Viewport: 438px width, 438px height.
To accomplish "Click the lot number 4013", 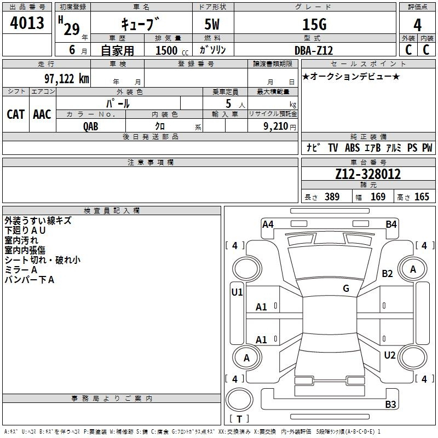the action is pos(27,22).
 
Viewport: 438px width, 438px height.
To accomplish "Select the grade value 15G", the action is pos(314,25).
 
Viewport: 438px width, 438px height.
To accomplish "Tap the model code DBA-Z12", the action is pos(314,50).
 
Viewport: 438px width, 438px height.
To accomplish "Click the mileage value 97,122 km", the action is pos(67,79).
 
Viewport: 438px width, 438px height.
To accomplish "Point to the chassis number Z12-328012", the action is pos(368,174).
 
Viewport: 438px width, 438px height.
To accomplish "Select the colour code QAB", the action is pos(91,126).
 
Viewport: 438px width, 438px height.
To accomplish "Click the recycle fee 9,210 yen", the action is pos(280,126).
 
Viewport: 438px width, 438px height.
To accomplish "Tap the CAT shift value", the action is pos(16,114).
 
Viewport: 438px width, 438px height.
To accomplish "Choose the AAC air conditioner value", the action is pos(42,114).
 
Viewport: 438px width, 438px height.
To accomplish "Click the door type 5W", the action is pos(212,24).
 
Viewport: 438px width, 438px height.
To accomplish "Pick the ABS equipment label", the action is pos(352,148).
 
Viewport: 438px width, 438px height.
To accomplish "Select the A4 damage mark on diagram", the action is pos(268,224).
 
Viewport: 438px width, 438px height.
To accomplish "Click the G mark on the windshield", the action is pos(346,288).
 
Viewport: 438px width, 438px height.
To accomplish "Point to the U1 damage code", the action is pos(237,292).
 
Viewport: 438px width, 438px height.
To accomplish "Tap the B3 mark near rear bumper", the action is pos(390,404).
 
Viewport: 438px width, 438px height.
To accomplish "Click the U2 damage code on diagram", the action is pos(390,355).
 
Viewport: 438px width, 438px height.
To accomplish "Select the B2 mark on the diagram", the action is pos(388,273).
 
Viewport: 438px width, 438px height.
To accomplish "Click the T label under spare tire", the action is pos(239,419).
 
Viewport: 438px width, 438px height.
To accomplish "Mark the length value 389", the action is pos(332,197).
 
